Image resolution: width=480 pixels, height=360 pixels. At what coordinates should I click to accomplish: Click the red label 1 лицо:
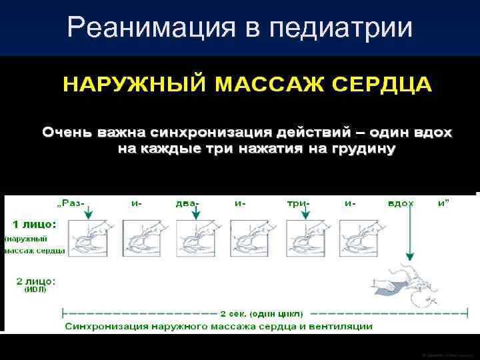point(31,224)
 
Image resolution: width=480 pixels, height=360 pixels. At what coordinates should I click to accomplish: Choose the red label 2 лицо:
point(31,282)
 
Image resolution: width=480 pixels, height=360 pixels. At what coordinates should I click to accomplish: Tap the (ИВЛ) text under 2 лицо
point(35,291)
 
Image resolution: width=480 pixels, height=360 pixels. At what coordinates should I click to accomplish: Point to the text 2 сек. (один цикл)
point(261,313)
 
